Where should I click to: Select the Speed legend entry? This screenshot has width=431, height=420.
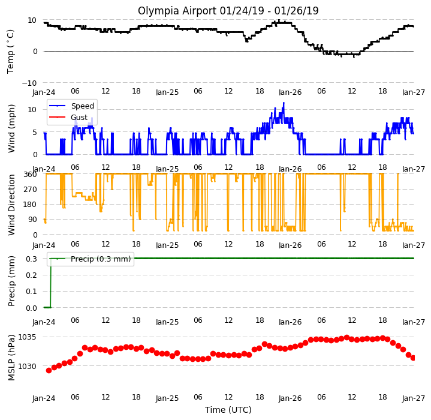[83, 106]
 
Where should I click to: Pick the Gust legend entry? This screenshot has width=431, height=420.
[79, 118]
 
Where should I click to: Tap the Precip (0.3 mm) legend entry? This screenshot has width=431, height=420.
[101, 259]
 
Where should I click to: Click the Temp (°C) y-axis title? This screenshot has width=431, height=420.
[10, 52]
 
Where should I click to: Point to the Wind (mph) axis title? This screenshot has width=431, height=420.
[11, 128]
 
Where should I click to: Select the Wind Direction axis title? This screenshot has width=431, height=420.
[11, 205]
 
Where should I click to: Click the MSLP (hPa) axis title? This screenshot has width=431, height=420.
[11, 357]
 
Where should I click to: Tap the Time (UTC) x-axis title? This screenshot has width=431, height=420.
[228, 410]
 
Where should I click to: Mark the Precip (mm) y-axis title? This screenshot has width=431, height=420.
[11, 281]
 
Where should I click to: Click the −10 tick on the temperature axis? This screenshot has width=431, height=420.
[29, 83]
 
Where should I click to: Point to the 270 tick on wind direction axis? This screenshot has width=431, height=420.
[31, 190]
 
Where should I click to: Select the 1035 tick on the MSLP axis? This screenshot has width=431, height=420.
[27, 337]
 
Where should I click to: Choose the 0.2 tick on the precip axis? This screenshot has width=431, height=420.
[31, 275]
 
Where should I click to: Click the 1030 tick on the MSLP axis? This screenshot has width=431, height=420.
[27, 367]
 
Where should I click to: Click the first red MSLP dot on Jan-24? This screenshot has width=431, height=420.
[49, 370]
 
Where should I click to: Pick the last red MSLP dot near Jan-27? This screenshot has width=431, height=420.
[413, 358]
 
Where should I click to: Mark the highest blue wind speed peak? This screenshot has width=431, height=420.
[284, 103]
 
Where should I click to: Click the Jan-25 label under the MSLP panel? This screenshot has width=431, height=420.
[167, 398]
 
